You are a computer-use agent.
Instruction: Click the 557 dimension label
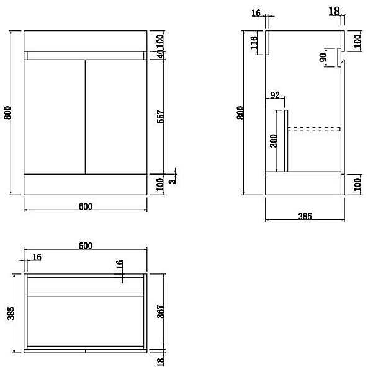click(161, 117)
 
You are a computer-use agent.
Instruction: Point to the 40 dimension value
click(161, 54)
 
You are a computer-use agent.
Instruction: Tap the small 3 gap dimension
click(173, 180)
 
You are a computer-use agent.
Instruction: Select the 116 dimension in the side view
click(254, 42)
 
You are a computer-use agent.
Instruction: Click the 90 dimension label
click(323, 58)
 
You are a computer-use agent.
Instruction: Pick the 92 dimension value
click(275, 95)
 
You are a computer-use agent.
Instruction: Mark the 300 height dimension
click(273, 141)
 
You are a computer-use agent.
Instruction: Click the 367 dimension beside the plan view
click(161, 311)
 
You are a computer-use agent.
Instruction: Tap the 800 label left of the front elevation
click(8, 113)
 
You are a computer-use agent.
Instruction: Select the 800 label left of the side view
click(240, 113)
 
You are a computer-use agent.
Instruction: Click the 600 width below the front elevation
click(86, 206)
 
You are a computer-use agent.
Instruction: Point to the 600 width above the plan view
click(86, 246)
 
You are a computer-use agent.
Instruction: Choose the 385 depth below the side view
click(305, 216)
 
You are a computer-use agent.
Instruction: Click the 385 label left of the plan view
click(11, 313)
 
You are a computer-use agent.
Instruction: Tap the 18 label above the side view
click(334, 11)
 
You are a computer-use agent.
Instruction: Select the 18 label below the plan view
click(161, 362)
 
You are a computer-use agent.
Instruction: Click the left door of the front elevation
click(55, 117)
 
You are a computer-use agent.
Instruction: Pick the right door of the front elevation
click(116, 117)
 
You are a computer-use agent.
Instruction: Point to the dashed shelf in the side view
click(314, 129)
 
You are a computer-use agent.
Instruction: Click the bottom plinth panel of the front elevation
click(86, 185)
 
